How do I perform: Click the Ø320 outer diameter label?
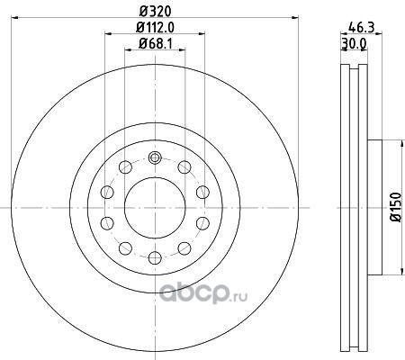tap(155, 12)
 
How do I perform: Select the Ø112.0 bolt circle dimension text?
tap(155, 28)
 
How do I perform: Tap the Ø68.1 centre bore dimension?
tap(155, 44)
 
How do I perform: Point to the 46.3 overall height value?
tap(362, 28)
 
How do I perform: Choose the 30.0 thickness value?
tap(354, 44)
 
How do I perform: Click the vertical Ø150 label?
tap(396, 207)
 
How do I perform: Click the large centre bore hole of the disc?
tap(155, 208)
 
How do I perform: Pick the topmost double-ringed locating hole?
tap(155, 157)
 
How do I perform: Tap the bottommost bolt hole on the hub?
tap(155, 257)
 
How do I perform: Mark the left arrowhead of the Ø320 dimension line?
tap(14, 18)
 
